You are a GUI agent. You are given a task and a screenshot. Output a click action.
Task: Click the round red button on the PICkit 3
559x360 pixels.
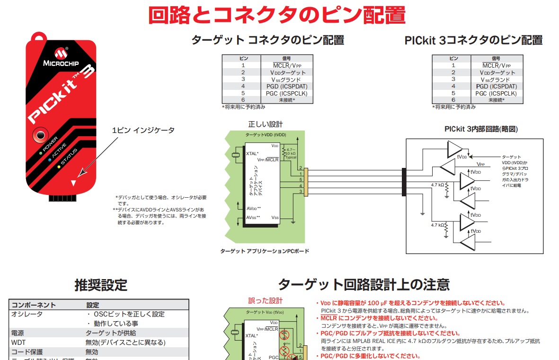click(x=39, y=135)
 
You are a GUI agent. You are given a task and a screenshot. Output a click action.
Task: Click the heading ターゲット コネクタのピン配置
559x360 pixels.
click(x=267, y=40)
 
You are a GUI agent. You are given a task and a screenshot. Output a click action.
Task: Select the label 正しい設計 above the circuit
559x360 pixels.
click(x=265, y=124)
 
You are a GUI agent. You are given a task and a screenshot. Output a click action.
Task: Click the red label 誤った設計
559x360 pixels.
click(x=265, y=300)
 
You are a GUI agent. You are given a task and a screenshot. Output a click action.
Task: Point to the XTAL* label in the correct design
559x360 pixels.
click(x=252, y=154)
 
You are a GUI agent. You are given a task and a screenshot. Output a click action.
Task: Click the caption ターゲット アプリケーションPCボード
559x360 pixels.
click(x=265, y=251)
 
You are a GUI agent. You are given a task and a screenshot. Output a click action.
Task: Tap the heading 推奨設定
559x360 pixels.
click(x=101, y=285)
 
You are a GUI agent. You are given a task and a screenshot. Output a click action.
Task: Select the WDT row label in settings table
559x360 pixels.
click(x=18, y=342)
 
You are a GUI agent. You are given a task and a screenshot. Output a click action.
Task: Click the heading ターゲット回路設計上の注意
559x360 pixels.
click(x=364, y=285)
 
